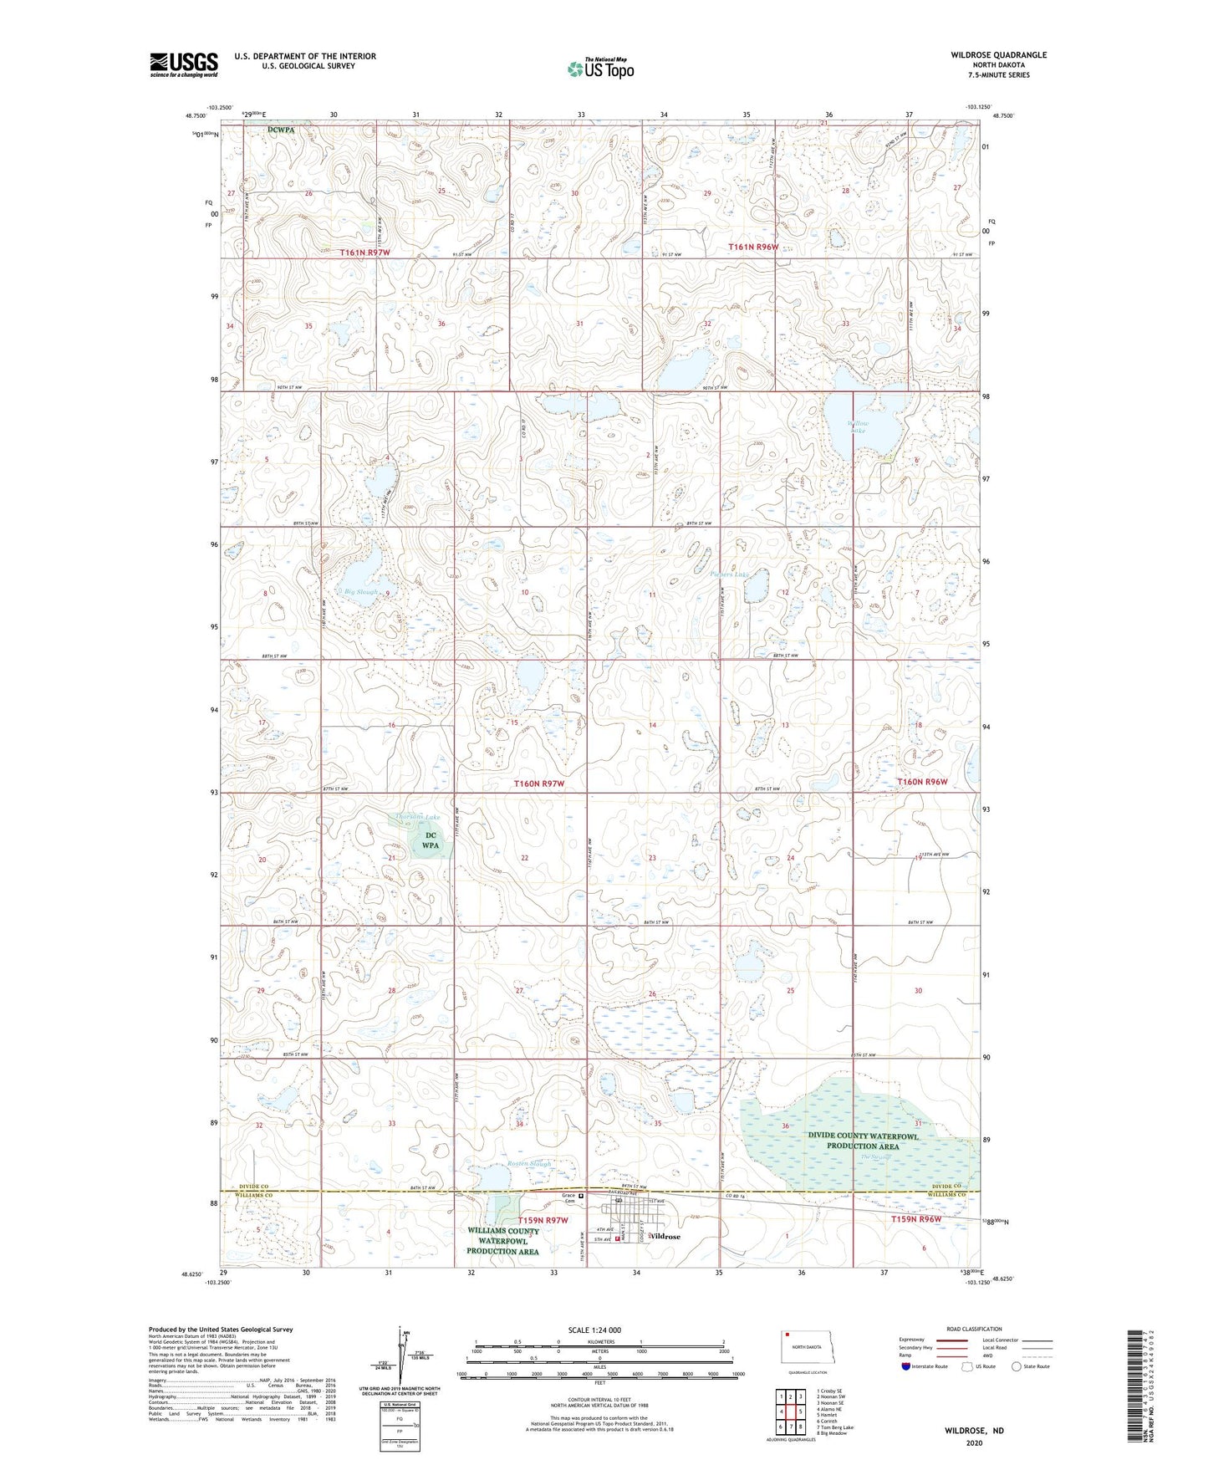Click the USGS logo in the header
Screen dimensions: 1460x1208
click(184, 64)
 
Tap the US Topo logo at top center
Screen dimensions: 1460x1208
click(600, 69)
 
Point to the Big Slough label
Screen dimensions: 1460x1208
click(360, 592)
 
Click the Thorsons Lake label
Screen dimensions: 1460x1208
click(417, 818)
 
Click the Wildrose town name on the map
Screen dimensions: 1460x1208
click(665, 1236)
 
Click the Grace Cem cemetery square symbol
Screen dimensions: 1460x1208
click(582, 1196)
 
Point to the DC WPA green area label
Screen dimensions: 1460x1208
click(430, 840)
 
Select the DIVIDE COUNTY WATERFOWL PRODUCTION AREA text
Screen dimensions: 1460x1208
click(863, 1141)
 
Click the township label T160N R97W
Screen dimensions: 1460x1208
click(539, 784)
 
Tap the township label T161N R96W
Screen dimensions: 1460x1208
click(753, 247)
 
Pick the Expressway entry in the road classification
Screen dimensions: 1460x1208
click(910, 1340)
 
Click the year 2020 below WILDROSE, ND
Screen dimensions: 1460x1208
click(974, 1443)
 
